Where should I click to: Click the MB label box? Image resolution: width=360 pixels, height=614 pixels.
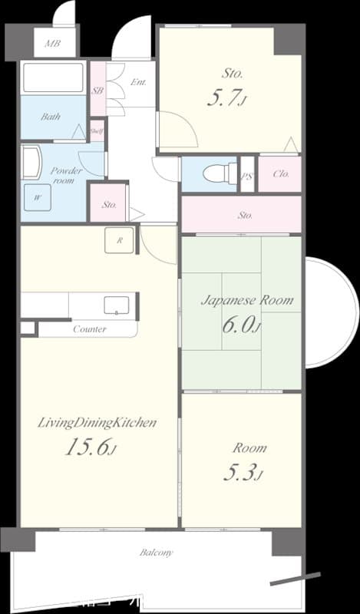[52, 43]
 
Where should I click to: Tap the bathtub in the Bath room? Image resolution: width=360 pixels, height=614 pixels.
[53, 78]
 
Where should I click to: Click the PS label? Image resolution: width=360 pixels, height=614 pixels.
[247, 175]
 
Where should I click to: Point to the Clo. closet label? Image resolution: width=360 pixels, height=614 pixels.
[281, 174]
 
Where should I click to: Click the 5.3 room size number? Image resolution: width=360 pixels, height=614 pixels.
[243, 473]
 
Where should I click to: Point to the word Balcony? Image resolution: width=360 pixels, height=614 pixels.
[156, 553]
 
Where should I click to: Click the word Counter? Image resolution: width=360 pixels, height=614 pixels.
[90, 329]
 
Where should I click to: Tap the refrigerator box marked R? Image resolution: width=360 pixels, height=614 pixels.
[120, 240]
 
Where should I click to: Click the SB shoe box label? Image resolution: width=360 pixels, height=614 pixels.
[97, 90]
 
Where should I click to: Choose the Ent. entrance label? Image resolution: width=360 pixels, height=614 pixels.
[139, 82]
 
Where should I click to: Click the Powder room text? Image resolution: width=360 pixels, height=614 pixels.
[67, 176]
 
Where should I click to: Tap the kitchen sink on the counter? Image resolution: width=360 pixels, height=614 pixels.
[116, 305]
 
